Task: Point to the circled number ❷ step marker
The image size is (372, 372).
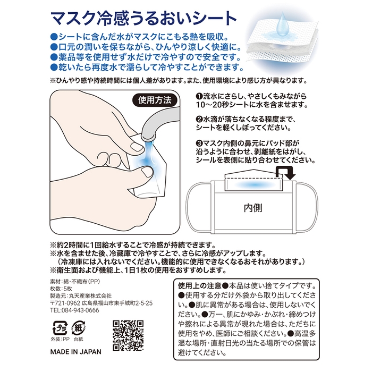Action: pos(199,119)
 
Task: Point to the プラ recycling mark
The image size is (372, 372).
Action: pos(57,326)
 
